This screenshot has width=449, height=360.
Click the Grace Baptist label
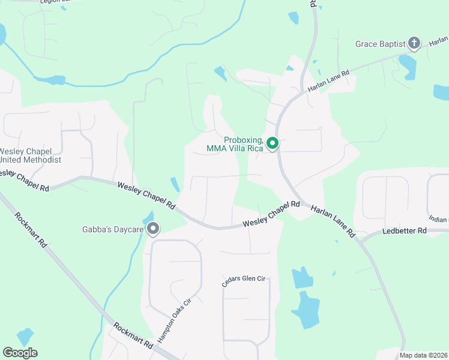pyautogui.click(x=379, y=44)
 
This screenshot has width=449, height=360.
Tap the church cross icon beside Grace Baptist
pyautogui.click(x=414, y=43)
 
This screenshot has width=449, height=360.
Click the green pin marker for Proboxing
pyautogui.click(x=272, y=143)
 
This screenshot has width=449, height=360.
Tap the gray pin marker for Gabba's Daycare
pyautogui.click(x=153, y=228)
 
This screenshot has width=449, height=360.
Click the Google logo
pyautogui.click(x=20, y=353)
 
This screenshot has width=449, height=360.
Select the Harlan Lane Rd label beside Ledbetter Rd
pyautogui.click(x=333, y=220)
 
